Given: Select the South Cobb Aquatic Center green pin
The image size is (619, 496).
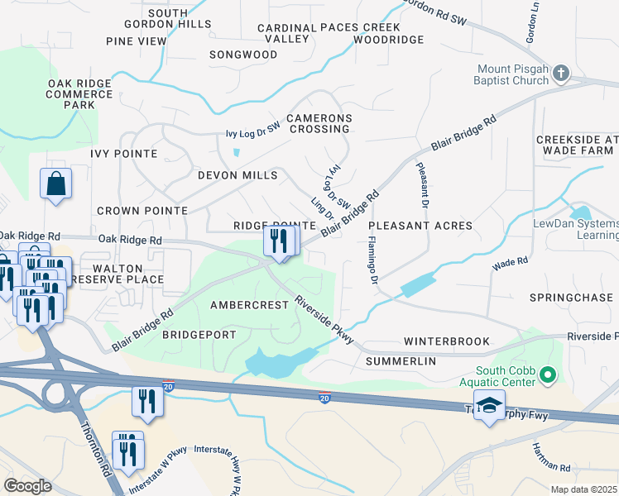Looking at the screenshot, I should pyautogui.click(x=546, y=377).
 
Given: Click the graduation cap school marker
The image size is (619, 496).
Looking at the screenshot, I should pyautogui.click(x=489, y=408).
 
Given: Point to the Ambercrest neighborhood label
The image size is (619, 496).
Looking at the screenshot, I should pyautogui.click(x=249, y=305).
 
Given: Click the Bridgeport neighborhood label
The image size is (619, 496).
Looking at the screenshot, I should pyautogui.click(x=199, y=335).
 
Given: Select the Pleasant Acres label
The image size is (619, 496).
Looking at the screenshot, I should pyautogui.click(x=420, y=226).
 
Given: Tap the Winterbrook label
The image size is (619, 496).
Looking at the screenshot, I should pyautogui.click(x=446, y=341).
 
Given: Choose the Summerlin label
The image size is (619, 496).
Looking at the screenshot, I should pyautogui.click(x=401, y=361).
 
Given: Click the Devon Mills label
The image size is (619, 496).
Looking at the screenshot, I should pyautogui.click(x=238, y=175).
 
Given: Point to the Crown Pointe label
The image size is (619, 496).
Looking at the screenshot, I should pyautogui.click(x=142, y=211).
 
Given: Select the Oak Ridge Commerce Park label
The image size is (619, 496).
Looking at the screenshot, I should pyautogui.click(x=79, y=94).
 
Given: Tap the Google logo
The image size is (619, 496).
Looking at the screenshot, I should pyautogui.click(x=27, y=485).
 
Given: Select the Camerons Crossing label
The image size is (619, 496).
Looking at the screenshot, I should pyautogui.click(x=319, y=124).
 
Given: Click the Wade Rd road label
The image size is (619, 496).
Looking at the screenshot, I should pyautogui.click(x=510, y=265).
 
